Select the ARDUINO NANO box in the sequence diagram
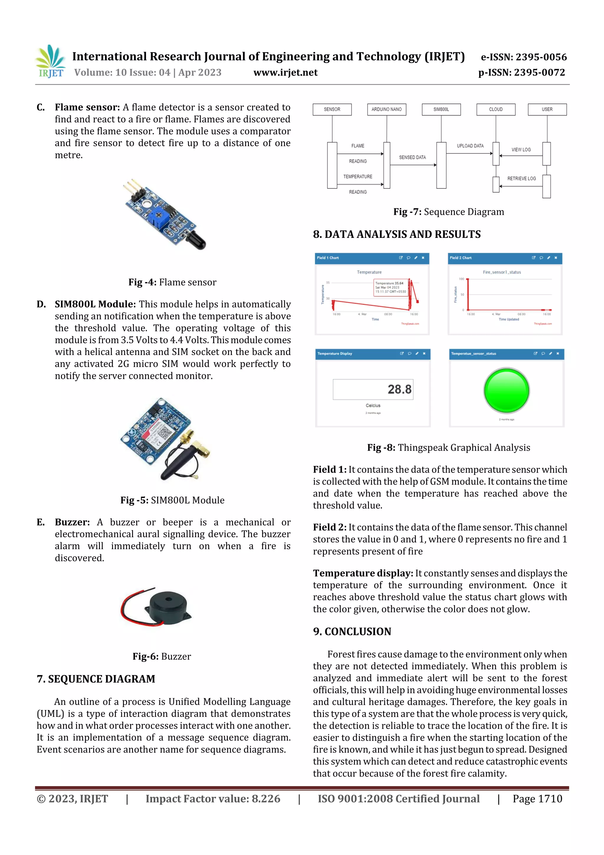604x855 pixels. coord(386,109)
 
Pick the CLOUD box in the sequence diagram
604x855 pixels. coord(496,109)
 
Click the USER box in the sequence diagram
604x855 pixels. coord(547,109)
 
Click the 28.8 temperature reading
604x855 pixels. coord(399,390)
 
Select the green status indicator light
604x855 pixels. coord(506,390)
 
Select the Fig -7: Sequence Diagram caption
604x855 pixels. coord(449,212)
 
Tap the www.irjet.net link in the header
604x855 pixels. coord(285,73)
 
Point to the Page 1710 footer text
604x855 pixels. coord(537,799)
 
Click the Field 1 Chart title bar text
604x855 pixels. coord(328,258)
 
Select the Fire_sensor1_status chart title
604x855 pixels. coord(502,272)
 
